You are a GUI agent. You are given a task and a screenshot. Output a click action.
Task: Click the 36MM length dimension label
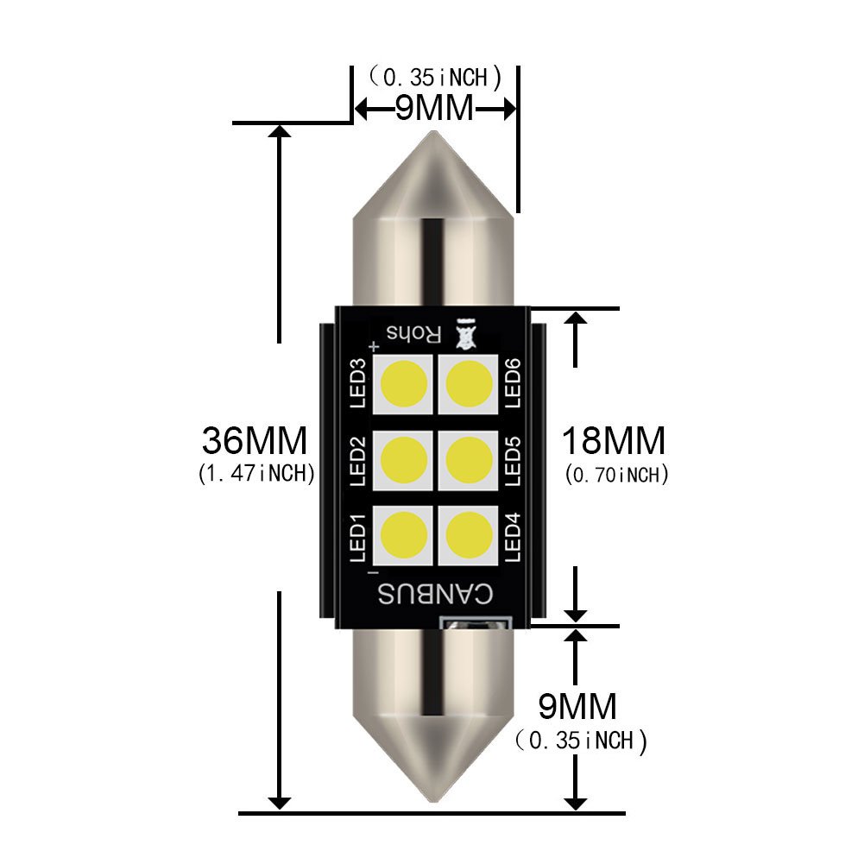pos(255,441)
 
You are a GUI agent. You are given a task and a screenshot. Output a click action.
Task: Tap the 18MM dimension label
pos(614,441)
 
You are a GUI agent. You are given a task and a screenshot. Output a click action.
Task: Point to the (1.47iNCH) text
pos(255,474)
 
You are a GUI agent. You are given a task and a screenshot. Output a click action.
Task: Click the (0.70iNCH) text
pos(616,474)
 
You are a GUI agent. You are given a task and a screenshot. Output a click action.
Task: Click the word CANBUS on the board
pos(435,595)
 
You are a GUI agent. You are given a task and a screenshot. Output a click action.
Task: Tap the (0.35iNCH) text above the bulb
pos(435,77)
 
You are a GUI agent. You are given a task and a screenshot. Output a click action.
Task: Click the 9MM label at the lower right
pos(577,707)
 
